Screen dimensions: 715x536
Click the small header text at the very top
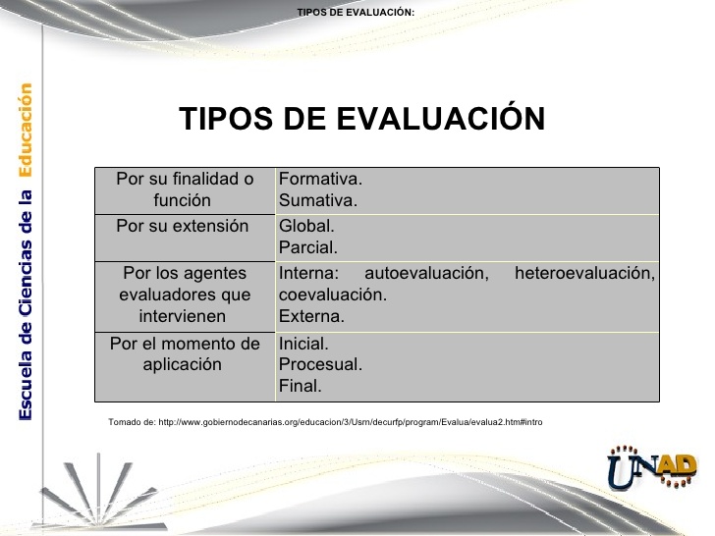(356, 13)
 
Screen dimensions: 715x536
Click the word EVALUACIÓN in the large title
(441, 118)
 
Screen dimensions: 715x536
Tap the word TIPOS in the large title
(226, 119)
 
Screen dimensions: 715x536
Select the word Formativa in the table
(320, 179)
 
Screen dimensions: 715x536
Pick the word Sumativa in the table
(318, 200)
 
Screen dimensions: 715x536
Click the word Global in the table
(306, 226)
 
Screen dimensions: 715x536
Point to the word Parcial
(308, 247)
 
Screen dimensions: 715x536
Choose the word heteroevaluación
(585, 273)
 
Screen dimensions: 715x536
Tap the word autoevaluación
(427, 273)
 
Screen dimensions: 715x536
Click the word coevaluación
(333, 295)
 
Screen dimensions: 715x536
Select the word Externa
(311, 316)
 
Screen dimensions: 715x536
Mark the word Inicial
(303, 344)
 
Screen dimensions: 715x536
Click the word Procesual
(320, 364)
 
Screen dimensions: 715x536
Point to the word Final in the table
(301, 386)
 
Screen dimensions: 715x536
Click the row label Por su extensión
(183, 226)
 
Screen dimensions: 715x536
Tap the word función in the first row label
(183, 200)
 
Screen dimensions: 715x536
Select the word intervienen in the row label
(183, 316)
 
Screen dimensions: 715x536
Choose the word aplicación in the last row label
(183, 364)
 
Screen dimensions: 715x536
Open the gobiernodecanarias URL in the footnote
(351, 422)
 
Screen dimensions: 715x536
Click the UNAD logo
(652, 467)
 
